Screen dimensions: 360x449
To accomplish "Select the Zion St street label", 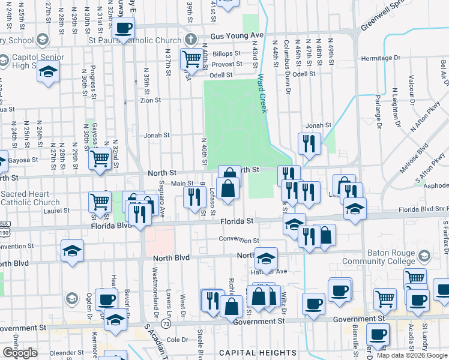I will tap(150, 100).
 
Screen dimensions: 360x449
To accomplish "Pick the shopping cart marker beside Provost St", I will tap(191, 58).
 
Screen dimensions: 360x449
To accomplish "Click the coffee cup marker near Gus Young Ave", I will tap(124, 28).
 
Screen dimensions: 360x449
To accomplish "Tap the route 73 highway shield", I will tap(166, 324).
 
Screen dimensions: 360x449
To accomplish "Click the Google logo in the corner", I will tap(20, 353).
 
